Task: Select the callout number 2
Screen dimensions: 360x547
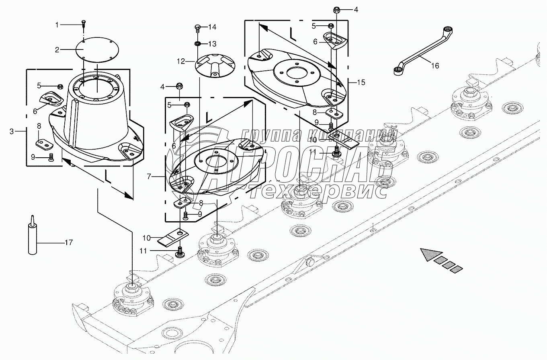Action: point(57,50)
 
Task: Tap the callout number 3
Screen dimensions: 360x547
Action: point(12,132)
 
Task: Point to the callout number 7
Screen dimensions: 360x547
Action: point(149,177)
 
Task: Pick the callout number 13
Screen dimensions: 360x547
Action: point(212,43)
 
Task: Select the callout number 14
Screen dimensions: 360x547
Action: point(212,27)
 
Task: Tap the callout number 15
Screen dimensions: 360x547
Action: point(361,82)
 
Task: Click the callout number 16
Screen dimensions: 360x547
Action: point(435,66)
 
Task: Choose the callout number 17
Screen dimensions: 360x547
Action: point(69,242)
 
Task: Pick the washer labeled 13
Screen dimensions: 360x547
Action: point(198,43)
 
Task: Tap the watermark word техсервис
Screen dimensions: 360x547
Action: point(318,192)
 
